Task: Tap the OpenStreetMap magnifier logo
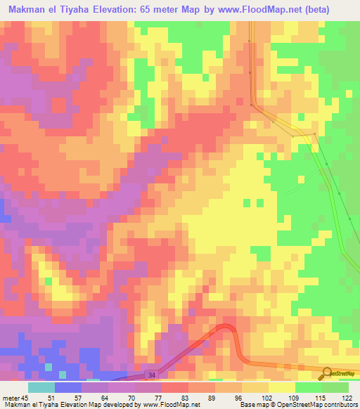tap(326, 372)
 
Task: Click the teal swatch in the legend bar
tap(41, 387)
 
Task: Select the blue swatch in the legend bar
tap(68, 387)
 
